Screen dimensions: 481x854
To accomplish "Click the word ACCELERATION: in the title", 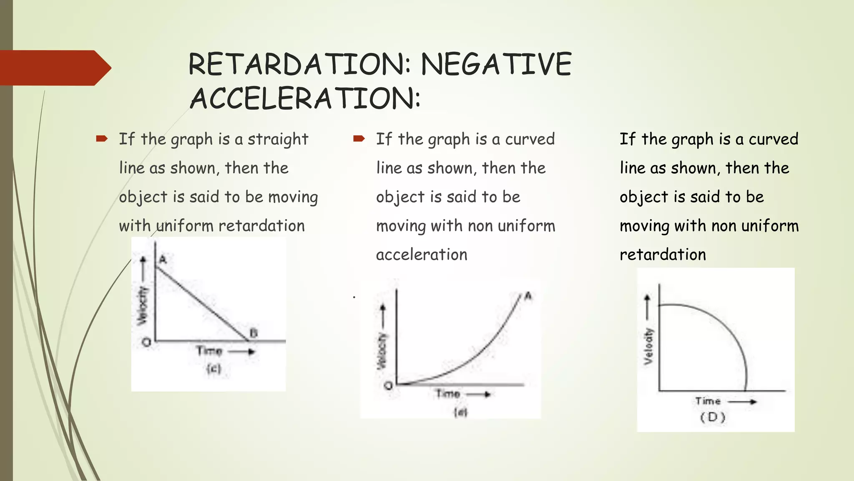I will [x=305, y=99].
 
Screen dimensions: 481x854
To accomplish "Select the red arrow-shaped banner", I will [x=54, y=68].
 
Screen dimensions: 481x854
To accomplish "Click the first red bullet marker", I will [x=102, y=139].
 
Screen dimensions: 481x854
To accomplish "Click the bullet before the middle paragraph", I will [x=359, y=139].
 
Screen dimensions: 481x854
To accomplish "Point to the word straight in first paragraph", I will [x=278, y=139].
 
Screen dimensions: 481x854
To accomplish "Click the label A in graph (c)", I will [x=163, y=260].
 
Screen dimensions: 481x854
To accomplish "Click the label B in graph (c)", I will [x=254, y=333].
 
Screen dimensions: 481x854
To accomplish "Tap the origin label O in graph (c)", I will [x=146, y=343].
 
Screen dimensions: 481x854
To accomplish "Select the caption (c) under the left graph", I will [x=213, y=369].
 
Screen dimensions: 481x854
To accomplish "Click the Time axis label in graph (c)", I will [x=209, y=351].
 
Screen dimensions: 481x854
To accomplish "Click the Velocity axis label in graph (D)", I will [x=648, y=346].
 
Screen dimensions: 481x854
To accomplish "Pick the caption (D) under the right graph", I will [x=713, y=417].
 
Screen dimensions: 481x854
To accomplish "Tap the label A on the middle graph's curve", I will [x=528, y=296].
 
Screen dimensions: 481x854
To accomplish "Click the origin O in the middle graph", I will [x=388, y=385].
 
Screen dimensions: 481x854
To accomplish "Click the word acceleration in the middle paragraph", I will [x=422, y=255].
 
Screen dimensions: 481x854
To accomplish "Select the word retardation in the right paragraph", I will [x=663, y=255].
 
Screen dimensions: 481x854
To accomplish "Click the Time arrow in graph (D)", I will [x=743, y=402].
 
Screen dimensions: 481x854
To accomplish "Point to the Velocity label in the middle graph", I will [x=382, y=351].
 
